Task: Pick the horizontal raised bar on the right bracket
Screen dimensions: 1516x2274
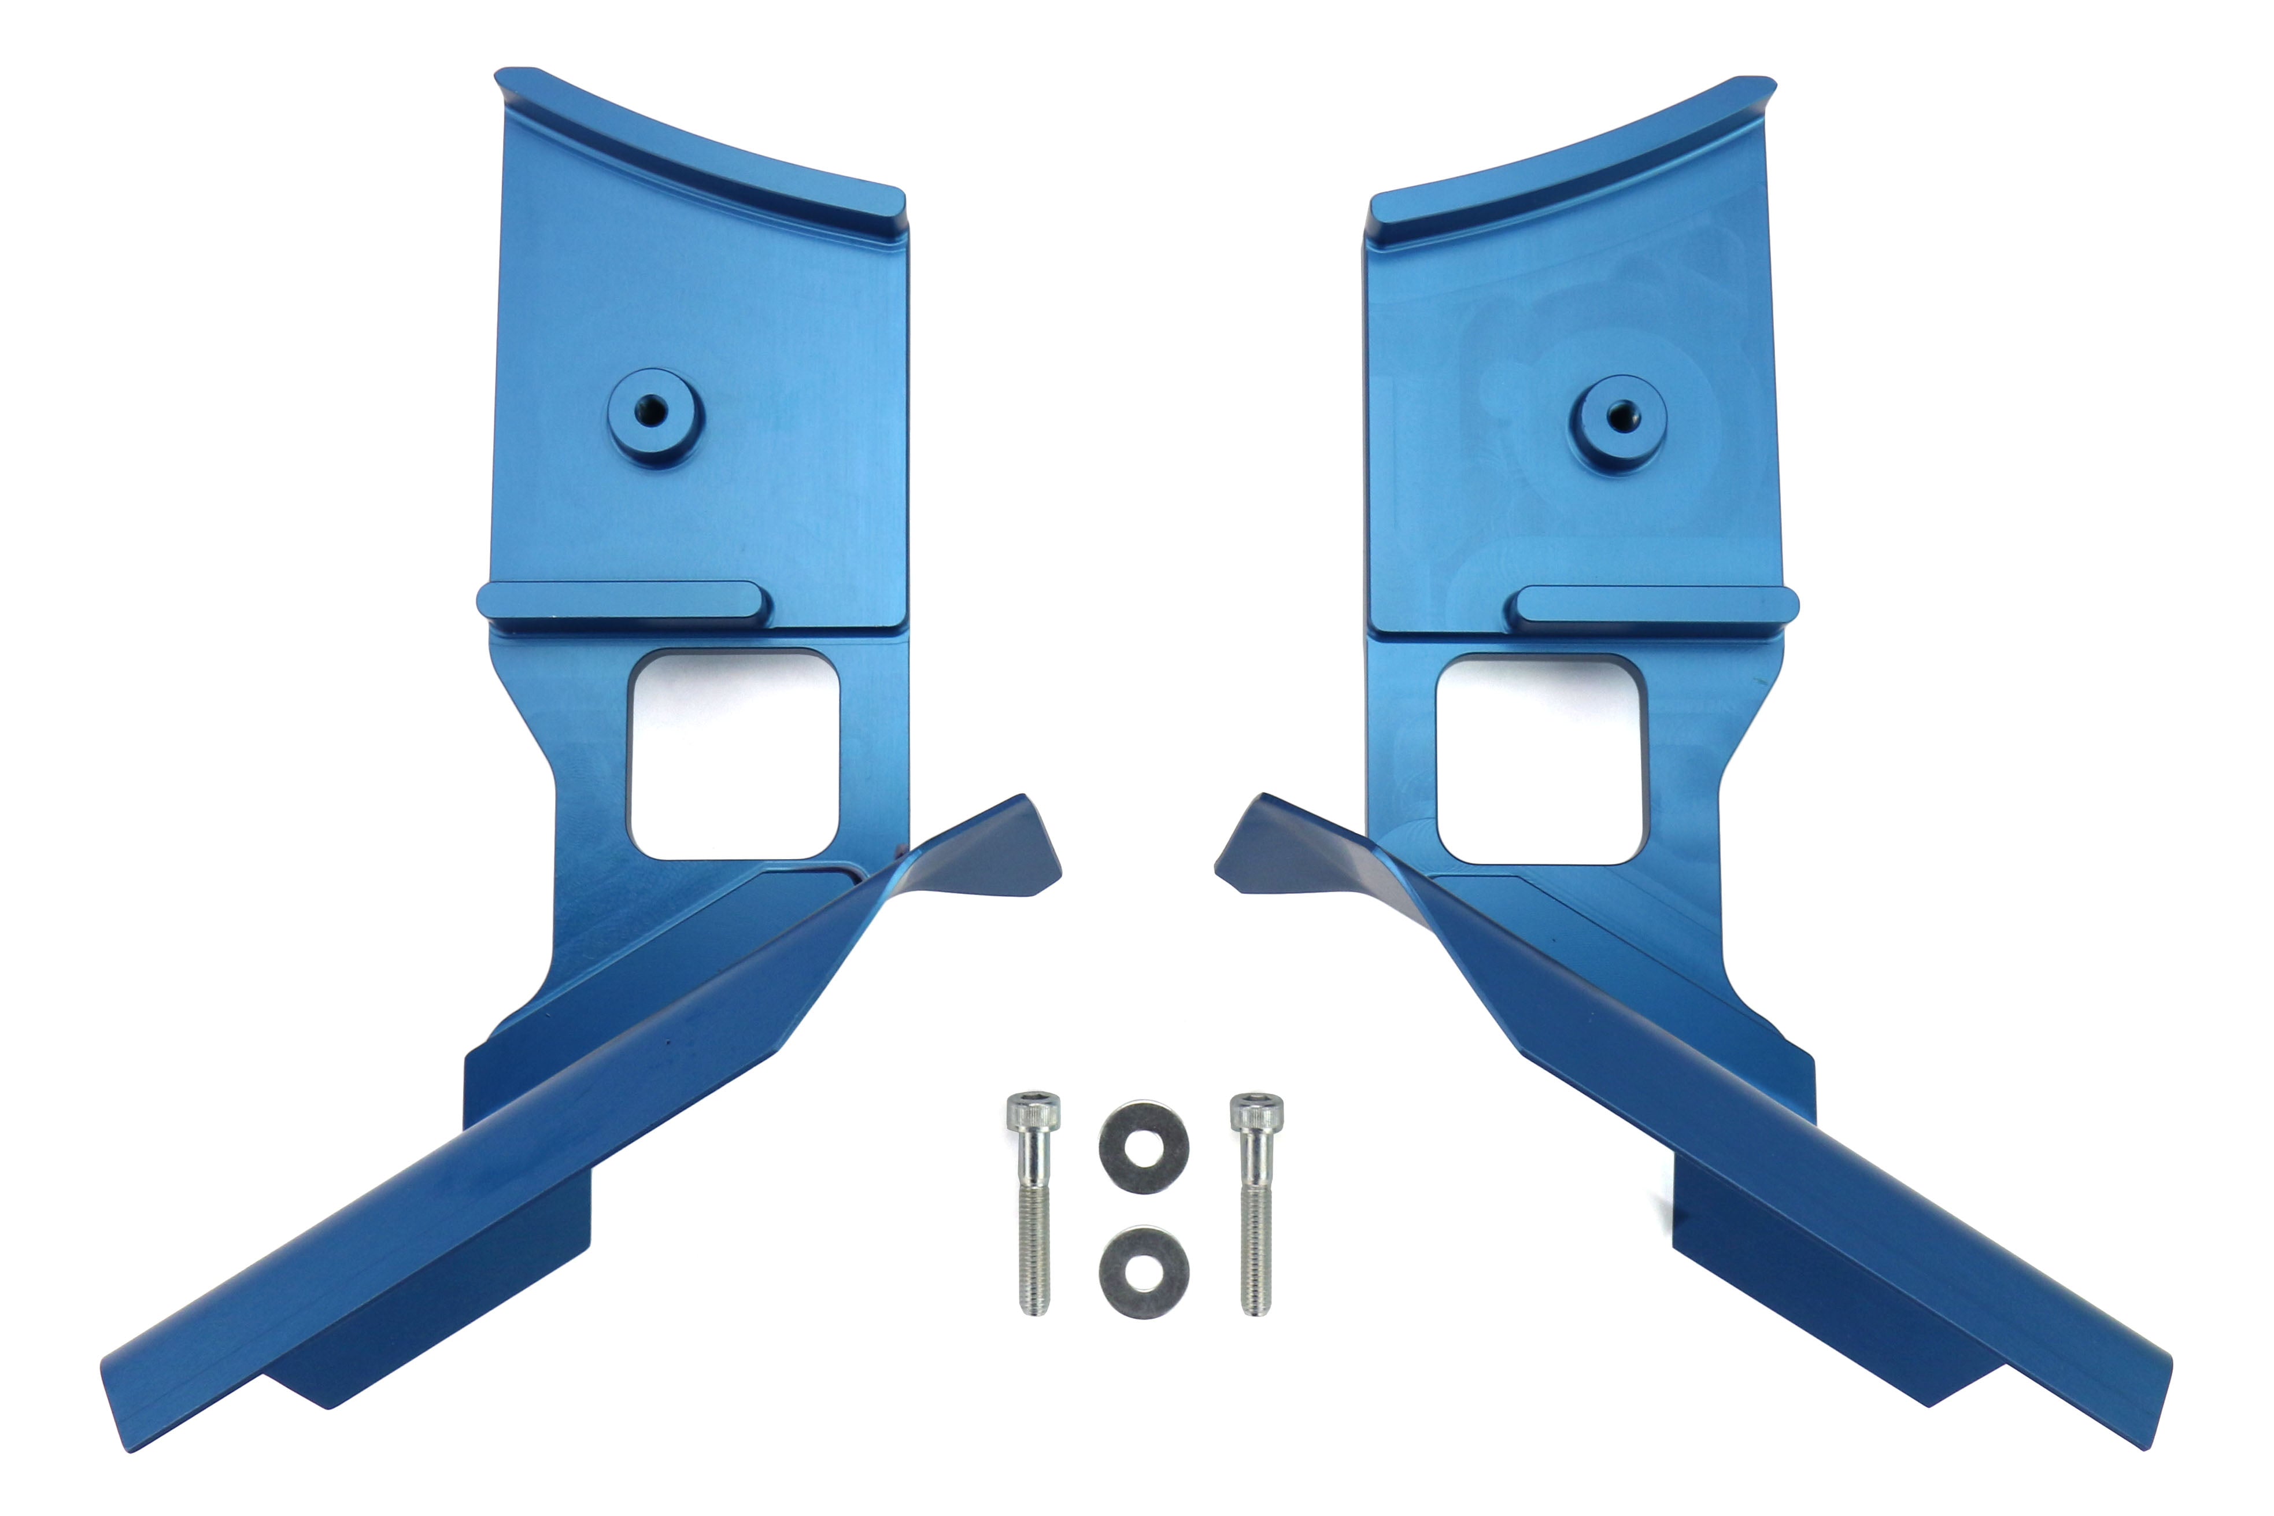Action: (x=1655, y=605)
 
